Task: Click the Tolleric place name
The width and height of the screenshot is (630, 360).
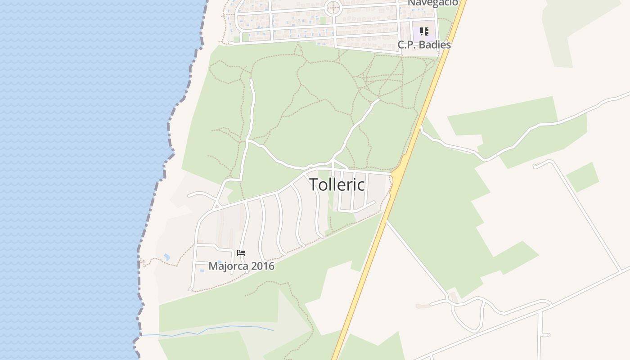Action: pyautogui.click(x=337, y=184)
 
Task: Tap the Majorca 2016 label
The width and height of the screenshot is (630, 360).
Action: pyautogui.click(x=241, y=266)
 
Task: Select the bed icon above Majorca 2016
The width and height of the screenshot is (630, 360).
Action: pyautogui.click(x=241, y=253)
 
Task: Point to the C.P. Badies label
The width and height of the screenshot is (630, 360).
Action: pyautogui.click(x=424, y=45)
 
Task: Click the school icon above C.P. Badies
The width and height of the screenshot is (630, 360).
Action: pyautogui.click(x=424, y=31)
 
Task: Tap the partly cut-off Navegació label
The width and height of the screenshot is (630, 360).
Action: pyautogui.click(x=433, y=3)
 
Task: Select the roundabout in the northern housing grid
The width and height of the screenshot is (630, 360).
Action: pyautogui.click(x=333, y=8)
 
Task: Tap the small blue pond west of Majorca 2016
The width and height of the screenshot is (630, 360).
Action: pyautogui.click(x=166, y=257)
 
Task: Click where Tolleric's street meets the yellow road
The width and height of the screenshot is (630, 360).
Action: pyautogui.click(x=393, y=174)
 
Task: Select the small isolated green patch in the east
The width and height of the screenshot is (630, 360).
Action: pyautogui.click(x=582, y=177)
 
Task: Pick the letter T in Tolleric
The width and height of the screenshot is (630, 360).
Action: pyautogui.click(x=314, y=184)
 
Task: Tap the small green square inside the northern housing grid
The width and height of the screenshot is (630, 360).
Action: pyautogui.click(x=323, y=20)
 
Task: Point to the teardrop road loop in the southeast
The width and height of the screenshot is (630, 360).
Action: pyautogui.click(x=468, y=315)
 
